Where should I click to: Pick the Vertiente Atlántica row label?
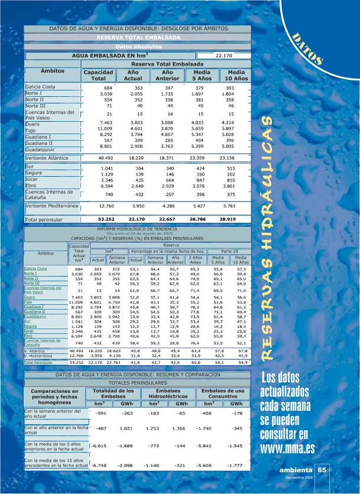(53, 158)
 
